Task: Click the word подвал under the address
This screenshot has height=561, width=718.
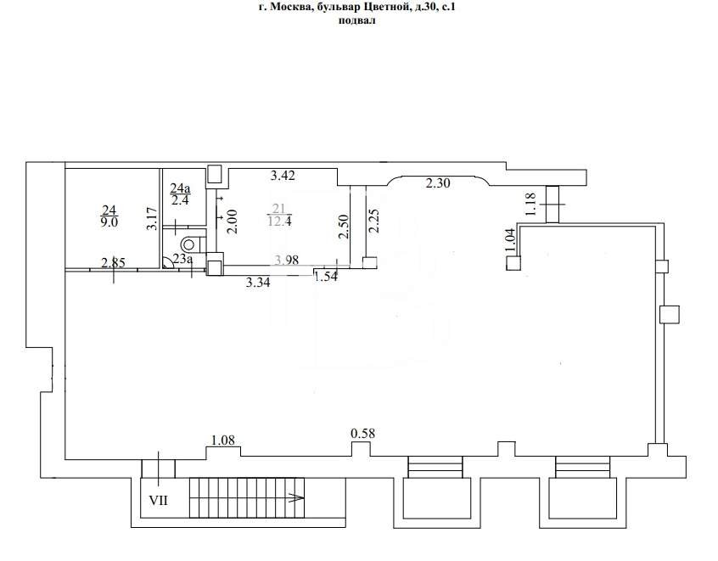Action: click(x=356, y=20)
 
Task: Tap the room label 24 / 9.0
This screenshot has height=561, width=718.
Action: click(x=109, y=216)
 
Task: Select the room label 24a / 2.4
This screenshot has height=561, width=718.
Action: click(x=181, y=194)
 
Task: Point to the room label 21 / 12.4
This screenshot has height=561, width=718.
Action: click(x=279, y=215)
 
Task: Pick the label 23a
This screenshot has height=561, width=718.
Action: click(x=182, y=260)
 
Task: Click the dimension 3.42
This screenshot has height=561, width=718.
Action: click(x=283, y=176)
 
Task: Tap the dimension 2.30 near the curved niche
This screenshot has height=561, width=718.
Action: click(x=438, y=183)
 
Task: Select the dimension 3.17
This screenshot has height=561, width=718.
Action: click(x=153, y=219)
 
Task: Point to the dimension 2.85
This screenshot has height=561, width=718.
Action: click(x=113, y=263)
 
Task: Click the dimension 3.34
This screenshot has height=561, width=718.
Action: click(x=258, y=282)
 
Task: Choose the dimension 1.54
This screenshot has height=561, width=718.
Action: click(x=327, y=276)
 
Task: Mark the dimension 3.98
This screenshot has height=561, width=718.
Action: click(x=286, y=260)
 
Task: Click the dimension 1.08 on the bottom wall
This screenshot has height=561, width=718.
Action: click(x=222, y=440)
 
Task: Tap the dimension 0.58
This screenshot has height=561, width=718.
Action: click(x=362, y=433)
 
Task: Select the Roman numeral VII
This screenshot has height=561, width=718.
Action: click(x=159, y=501)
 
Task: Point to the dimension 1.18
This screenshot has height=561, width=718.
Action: click(x=530, y=204)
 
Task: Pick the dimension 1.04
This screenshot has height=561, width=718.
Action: click(x=511, y=238)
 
